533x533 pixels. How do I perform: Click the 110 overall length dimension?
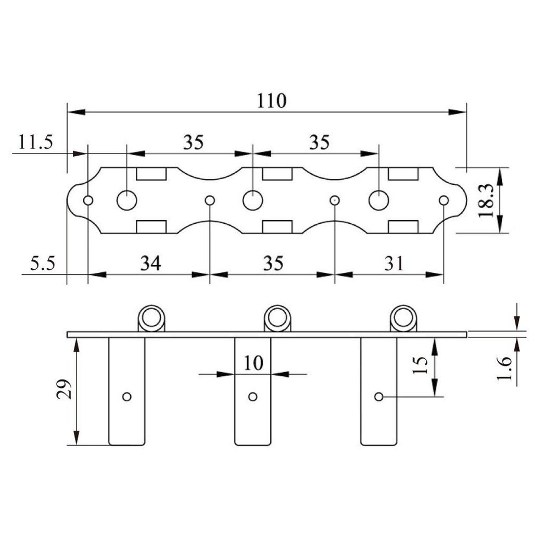tap(272, 100)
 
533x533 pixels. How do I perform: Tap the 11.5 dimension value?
tap(36, 142)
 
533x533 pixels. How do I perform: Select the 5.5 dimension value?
tap(42, 263)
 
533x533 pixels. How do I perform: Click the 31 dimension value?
tap(395, 263)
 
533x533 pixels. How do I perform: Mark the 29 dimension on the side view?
tap(64, 388)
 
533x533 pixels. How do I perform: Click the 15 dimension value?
tap(422, 365)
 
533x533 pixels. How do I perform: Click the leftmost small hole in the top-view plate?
tap(88, 200)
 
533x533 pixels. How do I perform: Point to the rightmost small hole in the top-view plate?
tap(443, 200)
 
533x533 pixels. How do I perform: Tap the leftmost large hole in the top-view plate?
tap(126, 200)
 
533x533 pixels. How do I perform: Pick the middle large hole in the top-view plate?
tap(252, 200)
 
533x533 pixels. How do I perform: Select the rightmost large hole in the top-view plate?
tap(378, 200)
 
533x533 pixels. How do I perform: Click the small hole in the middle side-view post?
tap(253, 397)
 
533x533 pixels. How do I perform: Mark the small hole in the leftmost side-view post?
tap(126, 397)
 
